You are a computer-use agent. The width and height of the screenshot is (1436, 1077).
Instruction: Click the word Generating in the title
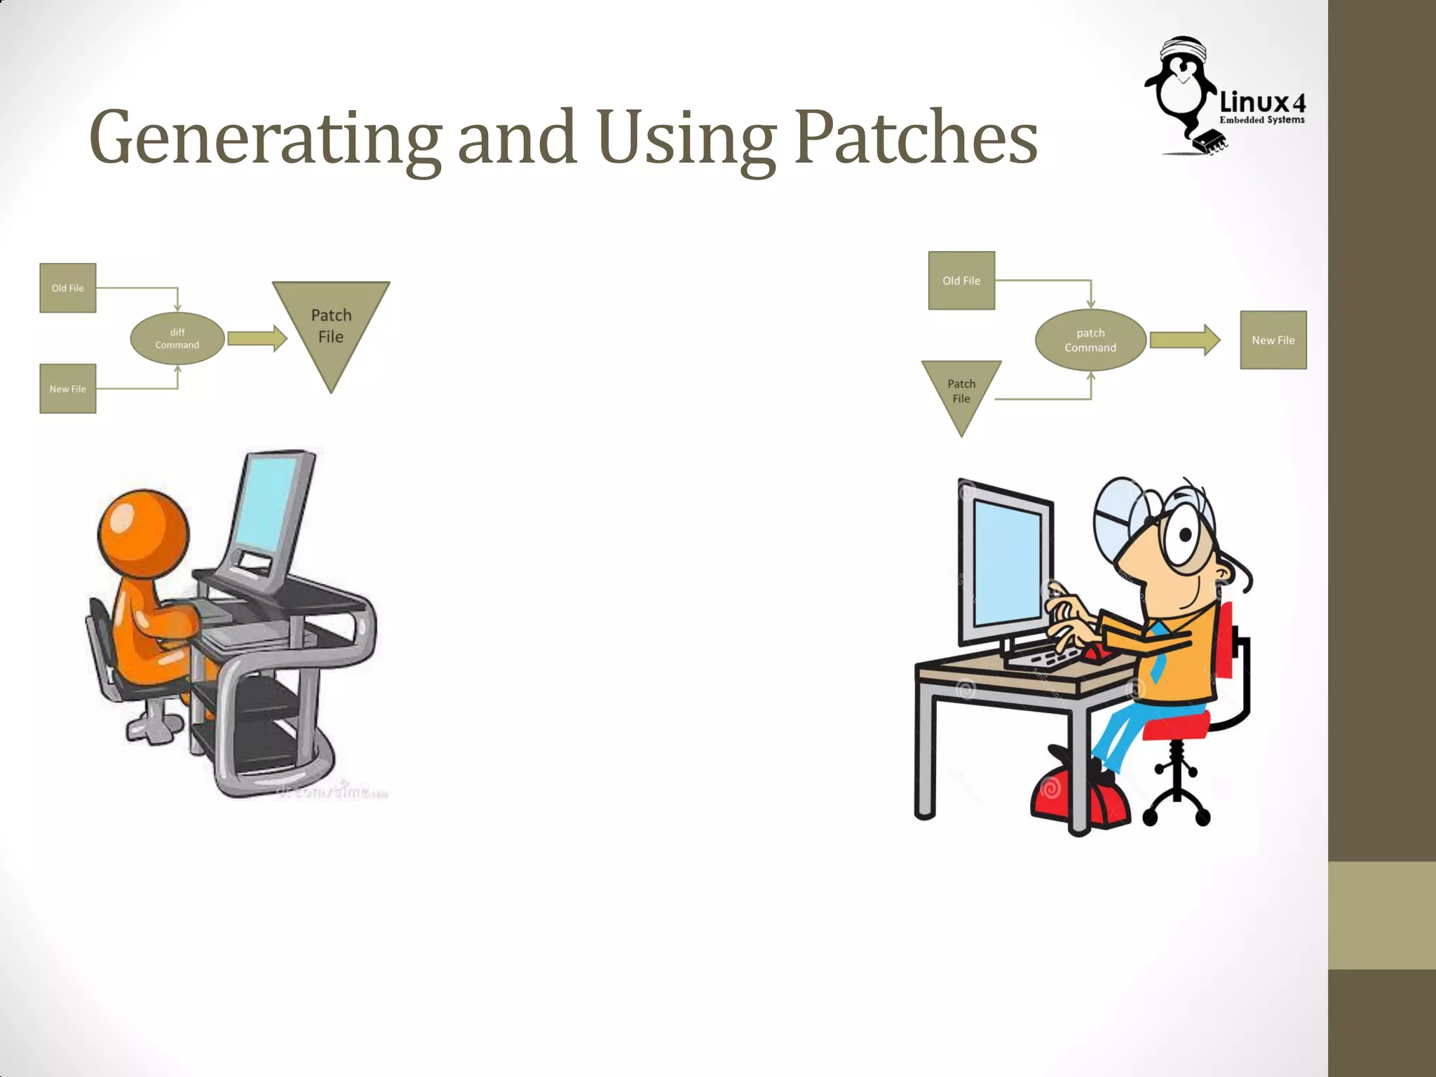pos(265,137)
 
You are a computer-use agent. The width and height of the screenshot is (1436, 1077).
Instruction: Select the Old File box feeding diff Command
pos(67,288)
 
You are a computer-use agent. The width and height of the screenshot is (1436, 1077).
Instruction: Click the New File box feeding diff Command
pos(67,388)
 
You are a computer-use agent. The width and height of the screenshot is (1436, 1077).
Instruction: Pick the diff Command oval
pos(177,339)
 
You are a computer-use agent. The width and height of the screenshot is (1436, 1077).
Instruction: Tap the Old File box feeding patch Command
pos(961,280)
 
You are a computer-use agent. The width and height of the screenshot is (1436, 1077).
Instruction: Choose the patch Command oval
pos(1090,340)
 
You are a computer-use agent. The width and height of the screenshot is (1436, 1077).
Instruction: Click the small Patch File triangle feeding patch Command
pos(961,391)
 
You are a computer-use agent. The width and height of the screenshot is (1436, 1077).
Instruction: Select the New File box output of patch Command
pos(1273,340)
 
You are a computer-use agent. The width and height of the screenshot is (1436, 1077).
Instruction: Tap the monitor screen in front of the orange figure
pos(267,505)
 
